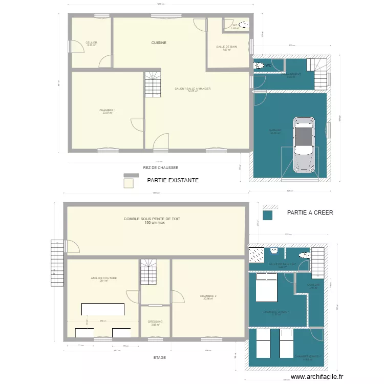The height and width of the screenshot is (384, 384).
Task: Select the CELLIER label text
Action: coord(91,42)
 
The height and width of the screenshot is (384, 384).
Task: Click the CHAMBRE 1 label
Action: coord(108,110)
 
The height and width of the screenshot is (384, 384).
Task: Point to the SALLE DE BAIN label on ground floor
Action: coord(226,47)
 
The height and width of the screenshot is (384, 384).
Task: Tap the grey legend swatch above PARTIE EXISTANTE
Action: coord(131,175)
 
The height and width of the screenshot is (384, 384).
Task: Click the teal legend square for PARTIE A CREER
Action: coord(267,216)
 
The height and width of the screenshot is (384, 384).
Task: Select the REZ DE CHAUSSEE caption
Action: coord(160,167)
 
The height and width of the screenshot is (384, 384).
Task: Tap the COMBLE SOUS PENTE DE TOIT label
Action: coord(152,219)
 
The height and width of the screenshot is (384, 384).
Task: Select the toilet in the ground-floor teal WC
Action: coord(259,65)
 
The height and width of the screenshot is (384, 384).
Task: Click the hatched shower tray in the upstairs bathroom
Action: coord(256,254)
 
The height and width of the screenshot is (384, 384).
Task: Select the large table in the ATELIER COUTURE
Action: coord(103,309)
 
